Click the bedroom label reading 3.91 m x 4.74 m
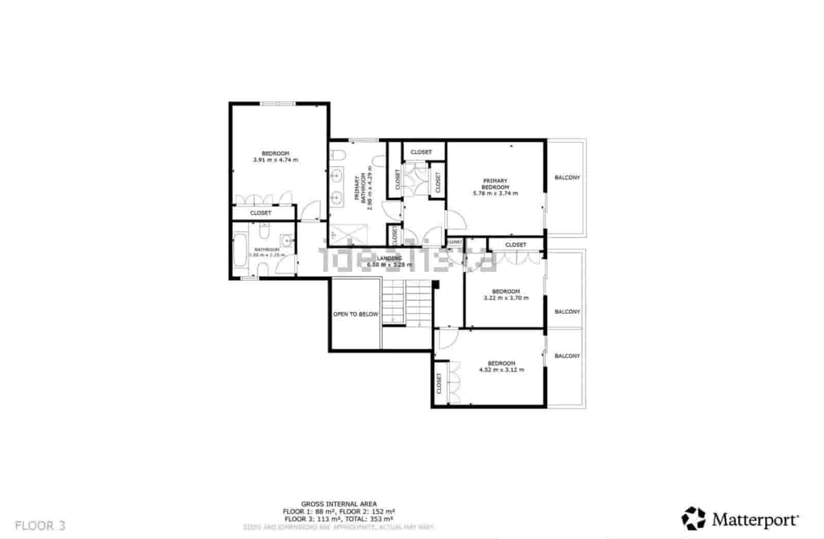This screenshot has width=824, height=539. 275,160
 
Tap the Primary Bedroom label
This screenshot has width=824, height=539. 495,184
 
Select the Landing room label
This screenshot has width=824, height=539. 389,258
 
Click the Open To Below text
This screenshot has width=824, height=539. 355,314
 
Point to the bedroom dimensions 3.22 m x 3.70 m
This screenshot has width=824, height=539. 505,298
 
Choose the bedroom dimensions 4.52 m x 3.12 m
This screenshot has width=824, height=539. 501,370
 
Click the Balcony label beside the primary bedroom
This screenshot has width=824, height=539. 567,178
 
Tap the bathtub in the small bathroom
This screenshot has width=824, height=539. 240,251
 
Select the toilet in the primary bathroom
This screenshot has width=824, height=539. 338,154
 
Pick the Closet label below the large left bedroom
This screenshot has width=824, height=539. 261,213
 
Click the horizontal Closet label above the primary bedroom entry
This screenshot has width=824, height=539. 421,152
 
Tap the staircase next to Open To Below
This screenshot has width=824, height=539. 406,302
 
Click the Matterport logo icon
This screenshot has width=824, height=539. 693,518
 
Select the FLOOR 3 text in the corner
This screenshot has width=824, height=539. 40,526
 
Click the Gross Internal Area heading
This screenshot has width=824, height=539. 338,504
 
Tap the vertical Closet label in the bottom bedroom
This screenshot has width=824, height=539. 439,384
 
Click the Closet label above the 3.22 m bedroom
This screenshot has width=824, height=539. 516,245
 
